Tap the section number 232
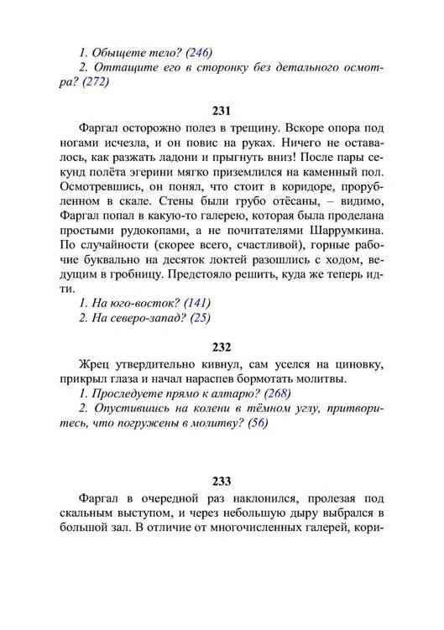point(222,346)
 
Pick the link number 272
point(96,82)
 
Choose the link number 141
point(198,302)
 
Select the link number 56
point(259,424)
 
